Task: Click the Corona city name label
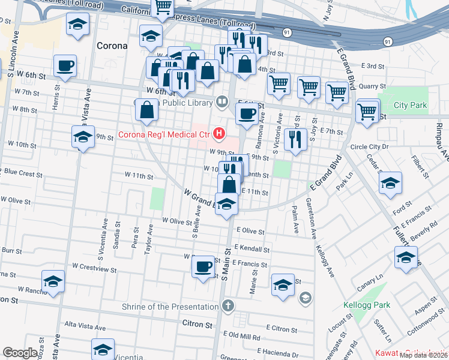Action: pos(111,46)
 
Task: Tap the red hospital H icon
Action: pos(220,133)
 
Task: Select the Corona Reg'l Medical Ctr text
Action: pos(164,133)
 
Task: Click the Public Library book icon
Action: pos(222,101)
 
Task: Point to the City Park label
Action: pos(410,106)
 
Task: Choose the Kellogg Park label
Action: pos(366,305)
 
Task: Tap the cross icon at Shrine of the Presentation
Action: pos(227,307)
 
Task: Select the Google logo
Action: pos(20,352)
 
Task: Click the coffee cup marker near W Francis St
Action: pos(203,265)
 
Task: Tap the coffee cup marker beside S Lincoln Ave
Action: pos(65,65)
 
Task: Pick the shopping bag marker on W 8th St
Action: pos(147,110)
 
